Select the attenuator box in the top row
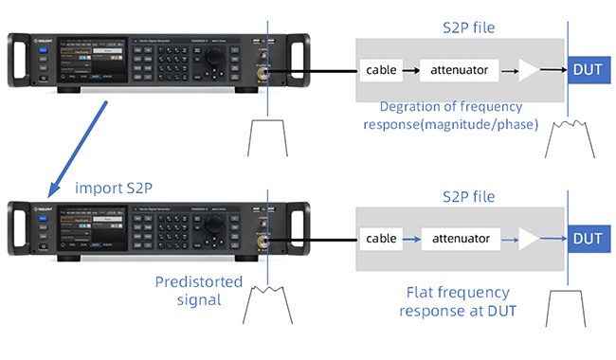461,69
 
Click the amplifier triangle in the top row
528,69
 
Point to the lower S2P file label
470,196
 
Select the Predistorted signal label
199,291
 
